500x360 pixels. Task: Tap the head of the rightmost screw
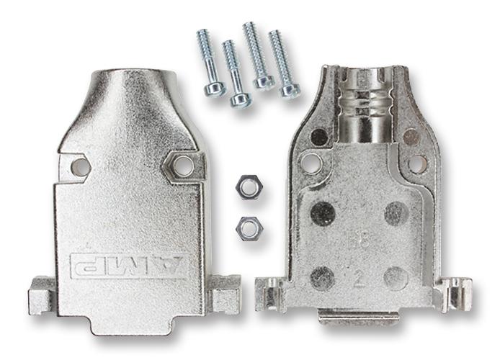(x=290, y=90)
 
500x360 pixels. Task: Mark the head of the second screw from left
(x=240, y=100)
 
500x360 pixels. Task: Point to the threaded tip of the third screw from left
(x=249, y=29)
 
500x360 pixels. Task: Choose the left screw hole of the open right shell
(x=313, y=161)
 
